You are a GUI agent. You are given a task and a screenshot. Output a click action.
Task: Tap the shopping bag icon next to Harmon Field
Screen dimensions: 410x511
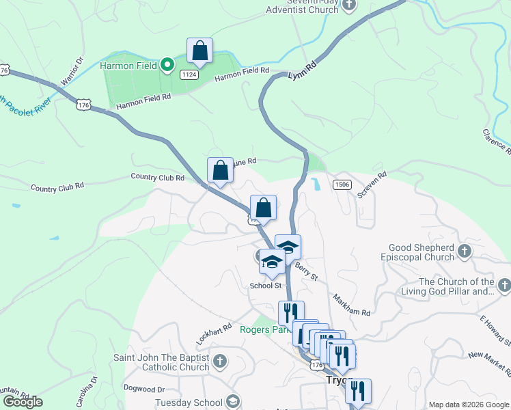(199, 51)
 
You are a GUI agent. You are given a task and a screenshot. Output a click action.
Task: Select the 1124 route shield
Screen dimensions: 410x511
(189, 74)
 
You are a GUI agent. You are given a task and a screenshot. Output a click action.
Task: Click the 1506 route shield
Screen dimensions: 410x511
(342, 184)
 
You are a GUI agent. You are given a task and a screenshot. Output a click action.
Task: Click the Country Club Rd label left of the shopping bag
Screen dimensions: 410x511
(158, 178)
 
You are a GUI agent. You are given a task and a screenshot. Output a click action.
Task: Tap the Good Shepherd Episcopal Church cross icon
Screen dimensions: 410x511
(465, 251)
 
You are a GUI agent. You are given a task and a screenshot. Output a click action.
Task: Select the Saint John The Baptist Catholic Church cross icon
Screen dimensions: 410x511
(219, 360)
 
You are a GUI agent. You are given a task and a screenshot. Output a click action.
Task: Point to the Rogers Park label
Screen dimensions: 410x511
(261, 329)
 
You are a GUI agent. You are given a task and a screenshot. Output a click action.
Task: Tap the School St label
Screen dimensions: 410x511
(266, 286)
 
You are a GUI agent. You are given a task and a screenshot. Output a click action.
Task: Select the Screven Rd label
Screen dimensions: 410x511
(372, 184)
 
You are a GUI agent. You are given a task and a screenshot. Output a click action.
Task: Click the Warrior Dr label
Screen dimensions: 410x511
(71, 71)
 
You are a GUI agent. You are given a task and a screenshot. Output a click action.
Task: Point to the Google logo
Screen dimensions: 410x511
(23, 402)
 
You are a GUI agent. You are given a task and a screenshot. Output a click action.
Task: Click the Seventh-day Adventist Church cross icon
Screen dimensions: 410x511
(349, 5)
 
